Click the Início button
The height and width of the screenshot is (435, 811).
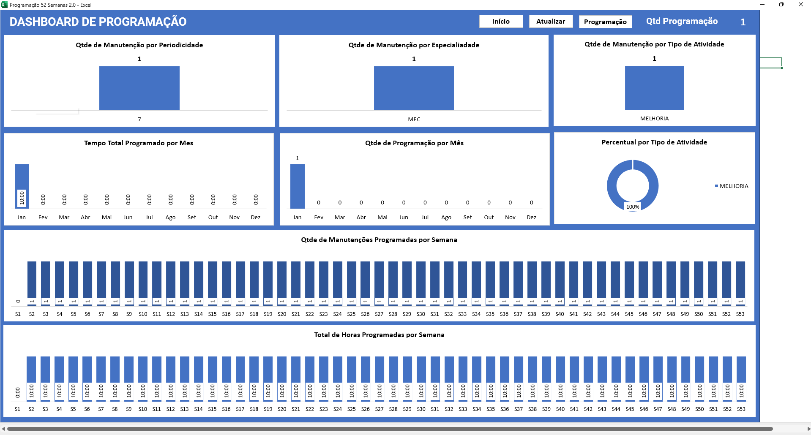coord(501,22)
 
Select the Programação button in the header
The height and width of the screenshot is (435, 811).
coord(605,22)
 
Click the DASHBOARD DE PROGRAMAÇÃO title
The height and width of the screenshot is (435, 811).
coord(98,22)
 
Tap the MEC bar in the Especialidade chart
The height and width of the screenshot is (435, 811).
coord(414,88)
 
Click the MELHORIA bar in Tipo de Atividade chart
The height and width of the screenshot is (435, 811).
coord(654,88)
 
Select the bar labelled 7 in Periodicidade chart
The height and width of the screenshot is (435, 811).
coord(139,88)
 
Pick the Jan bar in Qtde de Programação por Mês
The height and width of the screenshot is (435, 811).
coord(298,186)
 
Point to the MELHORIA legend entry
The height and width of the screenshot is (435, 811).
coord(734,186)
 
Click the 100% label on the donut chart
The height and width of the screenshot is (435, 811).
coord(633,207)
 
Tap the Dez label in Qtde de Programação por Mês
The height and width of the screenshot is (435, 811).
coord(532,217)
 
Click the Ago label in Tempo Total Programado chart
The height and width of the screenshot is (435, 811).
coord(170,217)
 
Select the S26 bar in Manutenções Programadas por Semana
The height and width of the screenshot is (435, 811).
coord(365,280)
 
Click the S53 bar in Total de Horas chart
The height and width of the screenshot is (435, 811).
coord(741,370)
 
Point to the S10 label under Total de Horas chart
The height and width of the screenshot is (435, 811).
coord(143,409)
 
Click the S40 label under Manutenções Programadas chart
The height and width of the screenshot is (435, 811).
coord(560,314)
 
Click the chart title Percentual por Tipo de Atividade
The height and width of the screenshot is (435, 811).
coord(654,142)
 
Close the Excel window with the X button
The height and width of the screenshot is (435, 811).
coord(800,5)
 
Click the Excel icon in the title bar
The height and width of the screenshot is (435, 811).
coord(4,5)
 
